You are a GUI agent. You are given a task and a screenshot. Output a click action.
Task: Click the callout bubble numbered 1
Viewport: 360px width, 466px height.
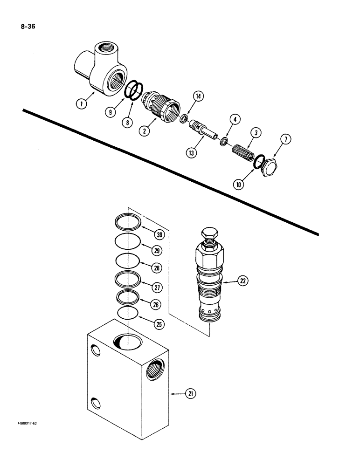tap(82, 104)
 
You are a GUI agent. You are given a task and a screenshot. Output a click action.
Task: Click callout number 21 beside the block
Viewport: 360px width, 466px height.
tap(190, 394)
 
